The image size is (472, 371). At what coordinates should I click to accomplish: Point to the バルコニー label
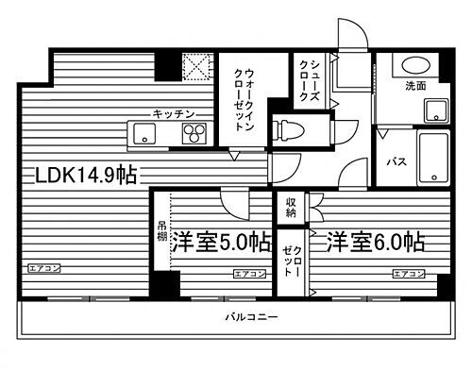click(251, 317)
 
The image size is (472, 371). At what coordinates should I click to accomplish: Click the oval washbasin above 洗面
click(413, 66)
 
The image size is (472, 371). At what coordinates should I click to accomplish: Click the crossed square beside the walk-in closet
click(197, 66)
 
